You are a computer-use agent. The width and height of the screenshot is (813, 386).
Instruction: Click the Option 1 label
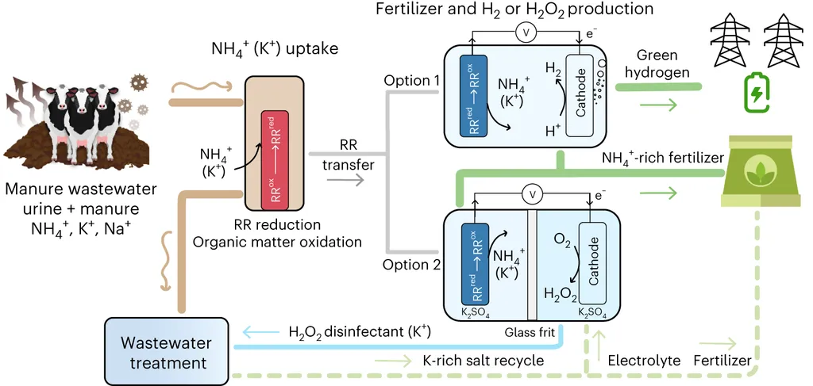pos(410,81)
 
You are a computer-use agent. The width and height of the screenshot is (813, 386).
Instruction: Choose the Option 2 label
pos(410,264)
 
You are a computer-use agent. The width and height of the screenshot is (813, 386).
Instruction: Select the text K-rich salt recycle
pos(482,361)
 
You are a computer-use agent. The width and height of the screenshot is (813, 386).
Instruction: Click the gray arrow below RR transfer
pos(344,180)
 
